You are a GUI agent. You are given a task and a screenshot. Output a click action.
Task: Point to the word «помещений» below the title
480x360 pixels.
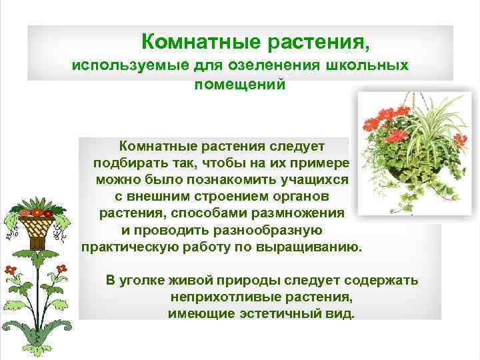pos(239,85)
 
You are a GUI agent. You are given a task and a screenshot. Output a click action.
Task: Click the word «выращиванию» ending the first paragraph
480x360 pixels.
pos(316,247)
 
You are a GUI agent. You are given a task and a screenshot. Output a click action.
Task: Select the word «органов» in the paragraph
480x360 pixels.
pos(305,197)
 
